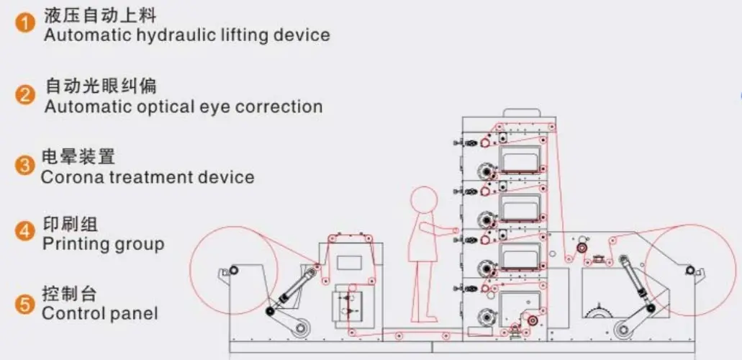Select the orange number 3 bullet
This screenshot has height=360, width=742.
[x=26, y=166]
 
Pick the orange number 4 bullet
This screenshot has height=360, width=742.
[x=26, y=232]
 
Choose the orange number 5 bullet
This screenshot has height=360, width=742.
[x=26, y=304]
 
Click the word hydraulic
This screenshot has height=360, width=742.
[x=167, y=35]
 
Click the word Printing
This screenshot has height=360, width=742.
[x=73, y=244]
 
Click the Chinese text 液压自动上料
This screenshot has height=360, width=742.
[x=99, y=14]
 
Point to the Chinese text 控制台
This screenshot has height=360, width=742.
[x=69, y=294]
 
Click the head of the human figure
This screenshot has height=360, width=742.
[x=424, y=201]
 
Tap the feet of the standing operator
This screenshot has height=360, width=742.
[x=426, y=318]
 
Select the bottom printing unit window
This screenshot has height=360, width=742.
[x=519, y=307]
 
